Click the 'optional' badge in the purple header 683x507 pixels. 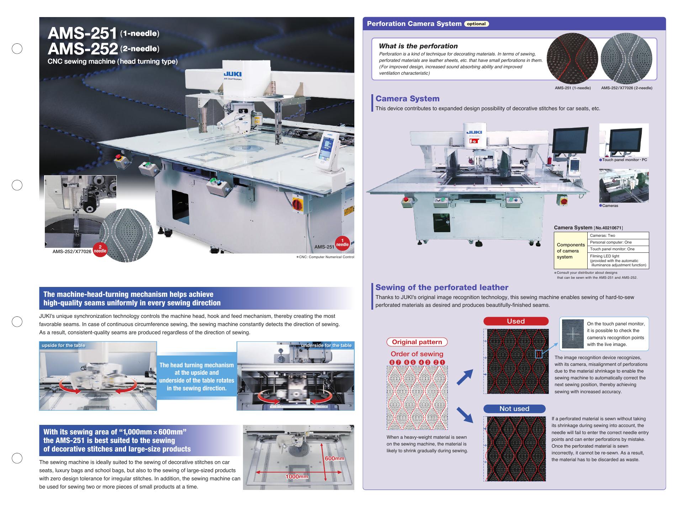476,24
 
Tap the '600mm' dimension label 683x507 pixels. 334,458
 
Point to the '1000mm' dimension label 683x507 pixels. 297,476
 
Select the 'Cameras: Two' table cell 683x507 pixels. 618,235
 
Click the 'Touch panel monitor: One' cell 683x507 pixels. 618,249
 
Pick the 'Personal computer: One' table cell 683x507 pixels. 618,242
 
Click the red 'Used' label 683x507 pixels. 516,321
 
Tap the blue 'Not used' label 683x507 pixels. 514,409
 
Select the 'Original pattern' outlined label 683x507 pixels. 417,342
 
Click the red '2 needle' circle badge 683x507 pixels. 100,249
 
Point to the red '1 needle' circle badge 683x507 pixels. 343,242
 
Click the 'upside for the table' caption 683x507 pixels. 64,345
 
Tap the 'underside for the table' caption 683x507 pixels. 326,345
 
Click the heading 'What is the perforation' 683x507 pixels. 418,46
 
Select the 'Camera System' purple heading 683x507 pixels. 407,98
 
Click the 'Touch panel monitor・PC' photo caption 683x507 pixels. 623,160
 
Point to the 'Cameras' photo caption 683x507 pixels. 609,206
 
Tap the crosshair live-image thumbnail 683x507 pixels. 573,334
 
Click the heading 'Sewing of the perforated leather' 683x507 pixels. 442,287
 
